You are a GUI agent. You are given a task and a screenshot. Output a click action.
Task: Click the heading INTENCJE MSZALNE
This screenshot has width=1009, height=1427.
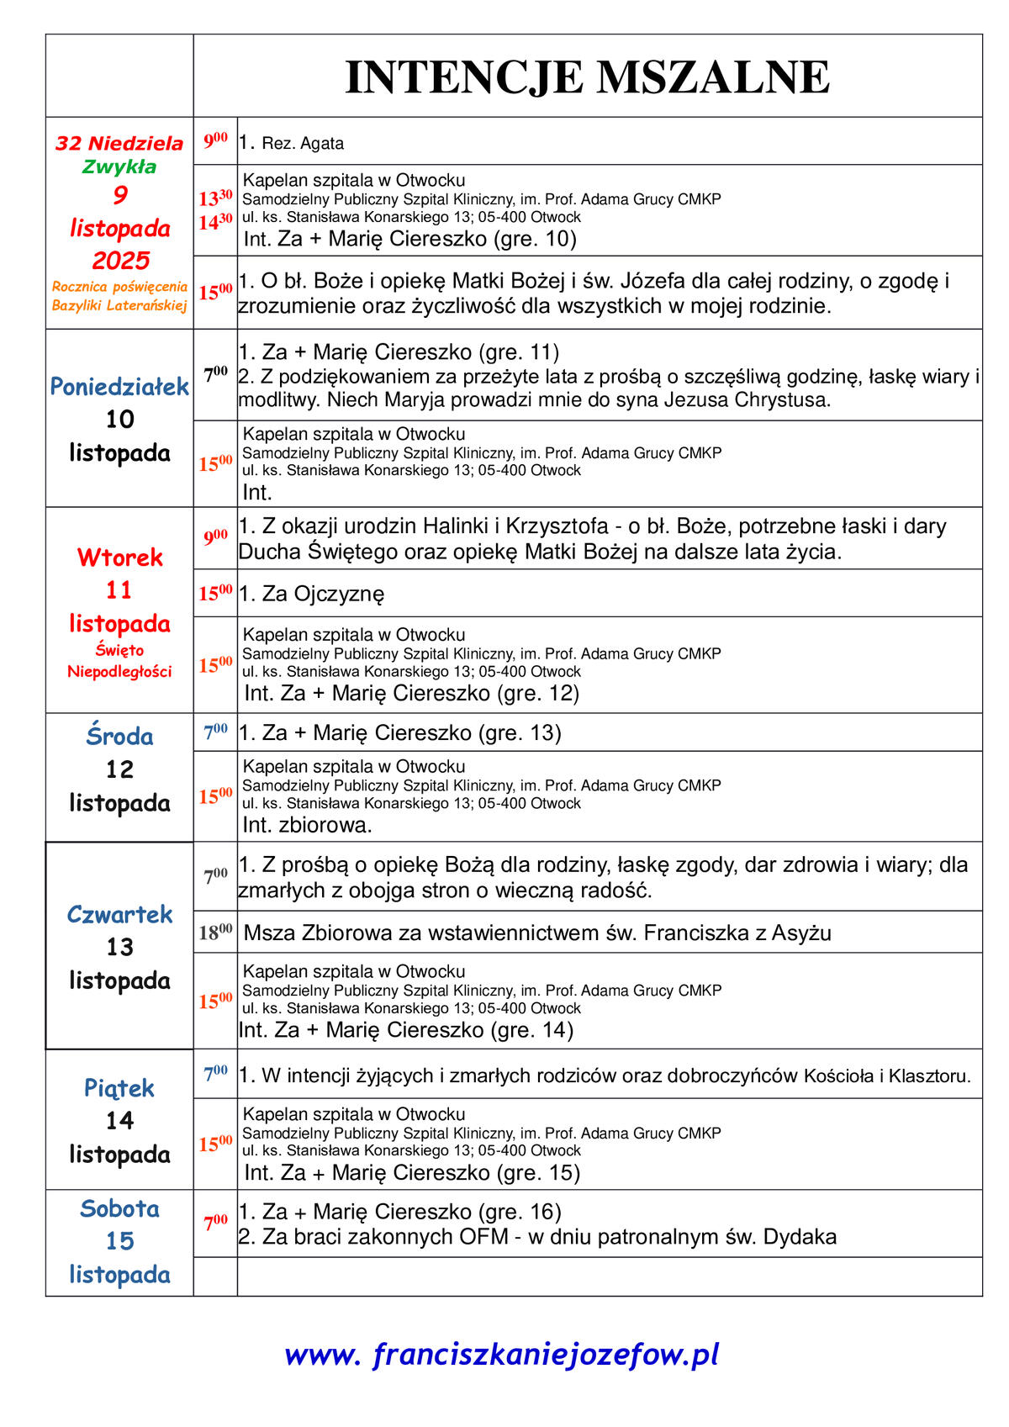pyautogui.click(x=587, y=77)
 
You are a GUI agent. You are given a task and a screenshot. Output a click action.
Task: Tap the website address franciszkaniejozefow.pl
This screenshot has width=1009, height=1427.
pyautogui.click(x=502, y=1355)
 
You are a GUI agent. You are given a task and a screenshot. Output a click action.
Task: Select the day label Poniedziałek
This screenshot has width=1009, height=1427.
pyautogui.click(x=119, y=387)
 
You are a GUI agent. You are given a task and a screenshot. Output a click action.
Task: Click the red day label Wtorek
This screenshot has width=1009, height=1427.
pyautogui.click(x=119, y=558)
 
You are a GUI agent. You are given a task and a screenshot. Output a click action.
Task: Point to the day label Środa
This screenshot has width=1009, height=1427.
pyautogui.click(x=119, y=737)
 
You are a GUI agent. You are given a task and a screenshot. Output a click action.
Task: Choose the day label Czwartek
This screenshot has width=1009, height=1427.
pyautogui.click(x=119, y=915)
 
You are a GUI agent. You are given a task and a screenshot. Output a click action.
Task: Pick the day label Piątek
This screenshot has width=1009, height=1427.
pyautogui.click(x=119, y=1088)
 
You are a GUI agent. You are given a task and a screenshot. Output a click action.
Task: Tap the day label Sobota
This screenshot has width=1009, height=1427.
pyautogui.click(x=119, y=1209)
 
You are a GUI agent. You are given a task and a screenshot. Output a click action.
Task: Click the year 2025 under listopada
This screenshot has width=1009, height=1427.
pyautogui.click(x=121, y=260)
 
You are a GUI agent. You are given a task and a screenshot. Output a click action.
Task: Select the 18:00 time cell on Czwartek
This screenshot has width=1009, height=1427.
pyautogui.click(x=215, y=932)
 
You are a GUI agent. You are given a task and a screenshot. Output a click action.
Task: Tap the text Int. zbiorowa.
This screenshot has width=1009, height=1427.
pyautogui.click(x=307, y=825)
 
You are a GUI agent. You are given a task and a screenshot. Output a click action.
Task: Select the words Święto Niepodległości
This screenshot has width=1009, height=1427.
pyautogui.click(x=119, y=661)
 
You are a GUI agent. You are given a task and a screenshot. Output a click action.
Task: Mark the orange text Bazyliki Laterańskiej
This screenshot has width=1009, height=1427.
pyautogui.click(x=119, y=306)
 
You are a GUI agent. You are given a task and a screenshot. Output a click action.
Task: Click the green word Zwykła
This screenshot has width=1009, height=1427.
pyautogui.click(x=119, y=166)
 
